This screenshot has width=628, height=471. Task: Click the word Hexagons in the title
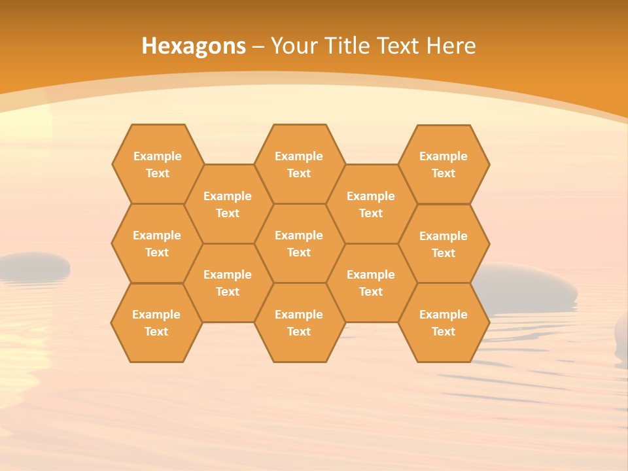tap(194, 46)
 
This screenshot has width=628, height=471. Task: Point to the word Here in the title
tap(451, 46)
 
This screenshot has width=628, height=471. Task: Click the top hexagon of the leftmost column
tap(157, 164)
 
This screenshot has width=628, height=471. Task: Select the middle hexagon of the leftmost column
tap(157, 243)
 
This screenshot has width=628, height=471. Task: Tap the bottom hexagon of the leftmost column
tap(156, 323)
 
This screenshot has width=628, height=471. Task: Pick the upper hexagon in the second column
tap(228, 204)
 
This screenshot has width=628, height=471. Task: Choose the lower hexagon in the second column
tap(228, 283)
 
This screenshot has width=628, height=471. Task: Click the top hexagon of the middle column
tap(299, 164)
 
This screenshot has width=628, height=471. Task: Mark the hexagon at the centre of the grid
tap(299, 243)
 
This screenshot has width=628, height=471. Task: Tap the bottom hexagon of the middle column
tap(299, 323)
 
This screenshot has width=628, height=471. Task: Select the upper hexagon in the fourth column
tap(371, 204)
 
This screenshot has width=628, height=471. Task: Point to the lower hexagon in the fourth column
tap(371, 283)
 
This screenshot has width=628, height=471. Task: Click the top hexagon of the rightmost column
tap(444, 164)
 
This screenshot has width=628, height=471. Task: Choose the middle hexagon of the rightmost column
tap(444, 244)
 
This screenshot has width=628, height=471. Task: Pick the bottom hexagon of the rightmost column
tap(444, 323)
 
